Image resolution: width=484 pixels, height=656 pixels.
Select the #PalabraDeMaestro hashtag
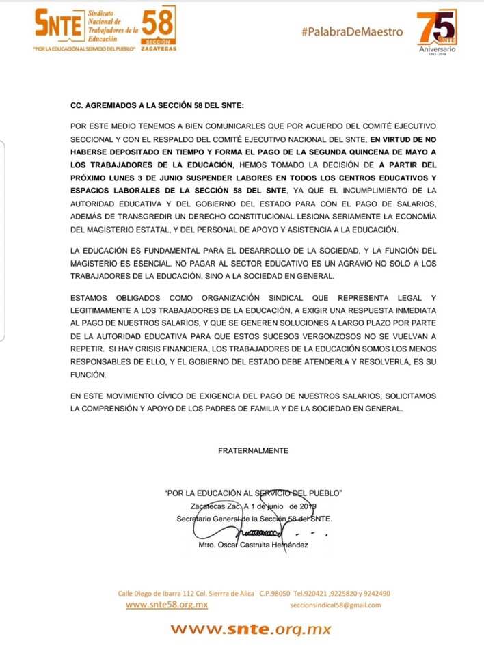(352, 32)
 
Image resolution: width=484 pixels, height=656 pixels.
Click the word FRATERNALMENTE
(253, 451)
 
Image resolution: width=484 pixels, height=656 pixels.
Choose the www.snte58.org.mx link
(167, 605)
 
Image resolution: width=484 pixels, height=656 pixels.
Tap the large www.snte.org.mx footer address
(250, 629)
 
